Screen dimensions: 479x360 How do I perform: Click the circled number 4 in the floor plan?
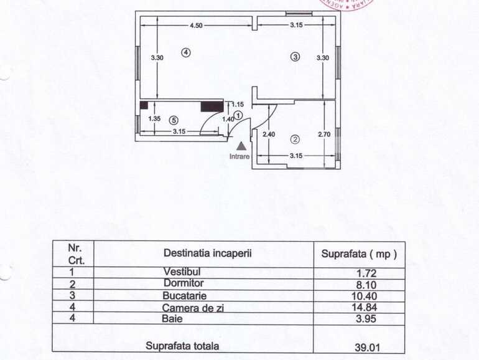coord(185,52)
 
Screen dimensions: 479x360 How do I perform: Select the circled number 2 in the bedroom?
coord(295,139)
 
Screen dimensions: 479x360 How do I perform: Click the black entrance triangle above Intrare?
coord(241,145)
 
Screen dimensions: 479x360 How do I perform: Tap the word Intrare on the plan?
coord(240,156)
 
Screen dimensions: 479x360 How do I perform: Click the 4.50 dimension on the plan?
coord(196,26)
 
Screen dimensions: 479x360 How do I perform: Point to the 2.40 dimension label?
coord(269,134)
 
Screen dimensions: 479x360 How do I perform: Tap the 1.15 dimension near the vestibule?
coord(237,105)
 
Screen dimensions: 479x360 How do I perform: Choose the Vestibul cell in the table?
coord(182,272)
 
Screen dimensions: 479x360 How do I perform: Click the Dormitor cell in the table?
coord(182,283)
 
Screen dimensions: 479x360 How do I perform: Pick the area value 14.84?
coord(366,307)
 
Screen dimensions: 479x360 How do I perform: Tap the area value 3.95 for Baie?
coord(366,319)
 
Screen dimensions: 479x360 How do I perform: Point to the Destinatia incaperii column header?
coord(207,253)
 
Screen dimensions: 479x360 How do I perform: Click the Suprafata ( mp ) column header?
coord(359,254)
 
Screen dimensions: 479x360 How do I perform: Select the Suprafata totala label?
coord(182,346)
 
